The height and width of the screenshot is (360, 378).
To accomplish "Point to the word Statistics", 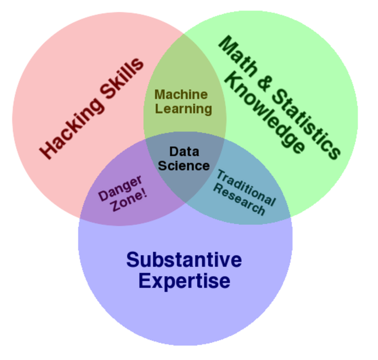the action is (x=307, y=124).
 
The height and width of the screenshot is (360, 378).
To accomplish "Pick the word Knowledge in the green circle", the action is (x=265, y=113).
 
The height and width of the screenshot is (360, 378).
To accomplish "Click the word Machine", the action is (x=181, y=94).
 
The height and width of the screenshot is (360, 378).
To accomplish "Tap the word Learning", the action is (x=183, y=109).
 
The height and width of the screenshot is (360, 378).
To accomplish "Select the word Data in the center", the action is (x=184, y=151).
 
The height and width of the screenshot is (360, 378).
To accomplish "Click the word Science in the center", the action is (x=184, y=166).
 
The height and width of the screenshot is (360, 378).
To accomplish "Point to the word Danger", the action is (x=120, y=189).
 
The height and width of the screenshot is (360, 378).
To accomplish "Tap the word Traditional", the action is (x=246, y=187).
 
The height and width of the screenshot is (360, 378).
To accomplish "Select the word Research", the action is (x=240, y=199).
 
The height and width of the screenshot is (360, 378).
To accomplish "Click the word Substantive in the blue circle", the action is (x=184, y=260).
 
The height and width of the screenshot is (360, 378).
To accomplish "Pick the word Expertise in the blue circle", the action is (x=184, y=281).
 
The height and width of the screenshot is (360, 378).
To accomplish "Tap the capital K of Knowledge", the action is (x=233, y=81).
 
